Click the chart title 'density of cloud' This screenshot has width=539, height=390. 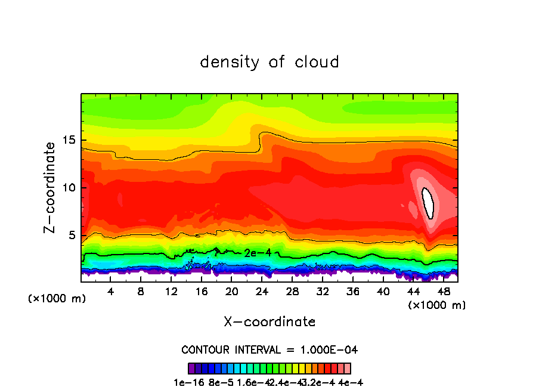[269, 62]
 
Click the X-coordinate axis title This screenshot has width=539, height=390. [269, 322]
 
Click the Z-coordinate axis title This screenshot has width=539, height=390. [51, 187]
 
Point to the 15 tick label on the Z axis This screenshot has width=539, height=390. [69, 140]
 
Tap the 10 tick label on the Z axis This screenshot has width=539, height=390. [69, 188]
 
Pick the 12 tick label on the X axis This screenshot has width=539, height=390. [171, 292]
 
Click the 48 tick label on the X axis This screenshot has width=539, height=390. [443, 292]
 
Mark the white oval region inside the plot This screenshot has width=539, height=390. [428, 203]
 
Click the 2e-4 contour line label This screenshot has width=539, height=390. [258, 253]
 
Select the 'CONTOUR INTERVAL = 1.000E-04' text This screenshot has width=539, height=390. [269, 349]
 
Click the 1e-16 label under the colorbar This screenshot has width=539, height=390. [186, 382]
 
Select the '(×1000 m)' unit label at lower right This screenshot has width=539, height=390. [437, 305]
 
